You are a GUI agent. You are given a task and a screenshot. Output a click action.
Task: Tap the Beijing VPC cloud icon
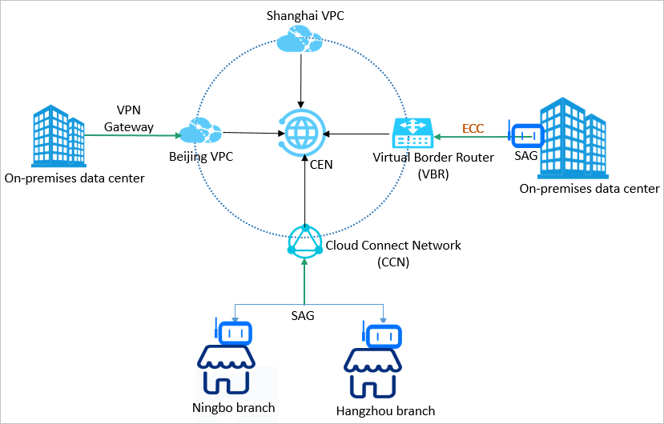point(199,130)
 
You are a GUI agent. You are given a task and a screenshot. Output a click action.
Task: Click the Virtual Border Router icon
point(412,133)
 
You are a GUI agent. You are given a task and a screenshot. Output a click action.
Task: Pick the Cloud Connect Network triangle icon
point(304,242)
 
